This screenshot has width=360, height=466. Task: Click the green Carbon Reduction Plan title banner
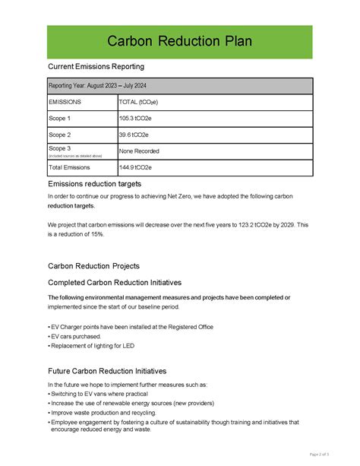(x=179, y=41)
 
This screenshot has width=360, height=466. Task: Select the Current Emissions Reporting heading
(x=96, y=68)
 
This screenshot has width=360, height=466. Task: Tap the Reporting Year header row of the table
(x=179, y=86)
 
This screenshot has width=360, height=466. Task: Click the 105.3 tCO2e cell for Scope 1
(x=134, y=119)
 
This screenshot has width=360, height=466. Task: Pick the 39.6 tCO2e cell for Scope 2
(x=134, y=135)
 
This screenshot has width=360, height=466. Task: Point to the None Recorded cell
(x=139, y=151)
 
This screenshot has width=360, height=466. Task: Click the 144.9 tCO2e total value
(x=134, y=167)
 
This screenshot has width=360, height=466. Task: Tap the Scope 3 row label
(x=60, y=148)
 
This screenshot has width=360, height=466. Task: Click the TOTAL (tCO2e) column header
(x=137, y=102)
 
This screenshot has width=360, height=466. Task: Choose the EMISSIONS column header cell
(x=66, y=102)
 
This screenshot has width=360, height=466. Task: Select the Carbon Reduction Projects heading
(x=93, y=266)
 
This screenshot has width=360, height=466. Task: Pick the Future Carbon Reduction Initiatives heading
(x=107, y=371)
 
